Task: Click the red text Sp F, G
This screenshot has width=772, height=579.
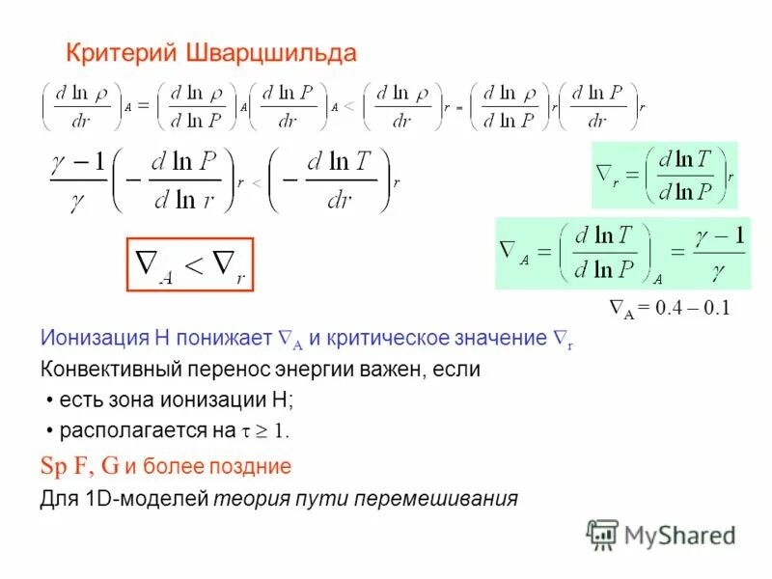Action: pos(79,467)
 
